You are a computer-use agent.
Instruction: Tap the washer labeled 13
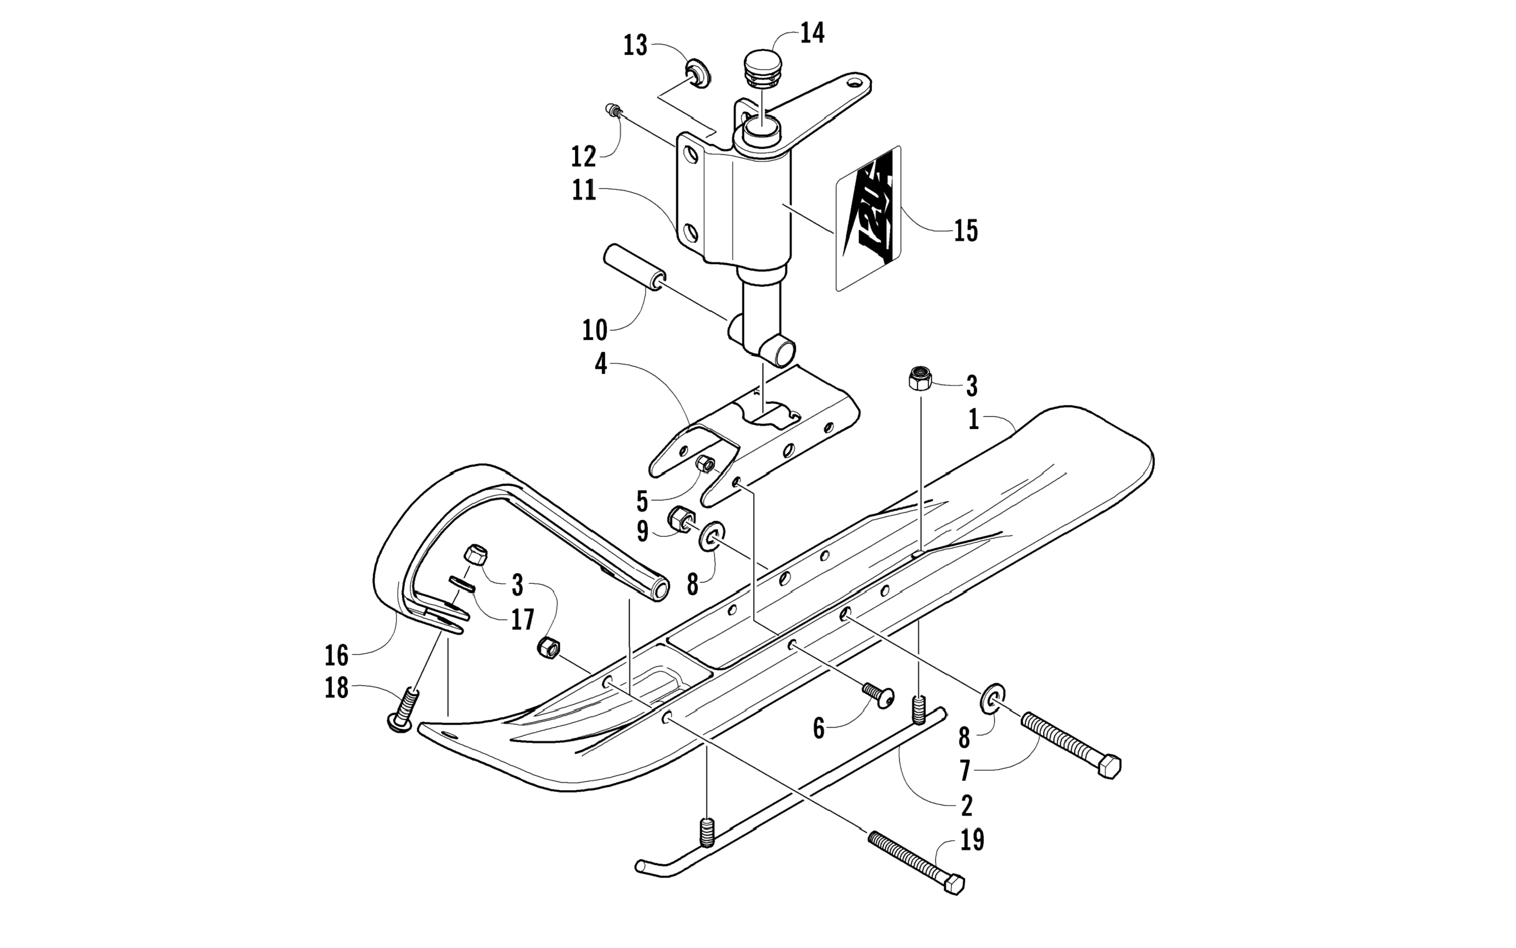698,73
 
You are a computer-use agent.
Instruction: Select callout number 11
584,190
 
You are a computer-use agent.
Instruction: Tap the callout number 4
601,364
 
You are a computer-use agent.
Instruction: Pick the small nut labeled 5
704,465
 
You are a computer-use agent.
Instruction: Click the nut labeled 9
679,518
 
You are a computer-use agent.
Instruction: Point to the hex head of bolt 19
953,885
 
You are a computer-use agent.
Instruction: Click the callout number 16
336,655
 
